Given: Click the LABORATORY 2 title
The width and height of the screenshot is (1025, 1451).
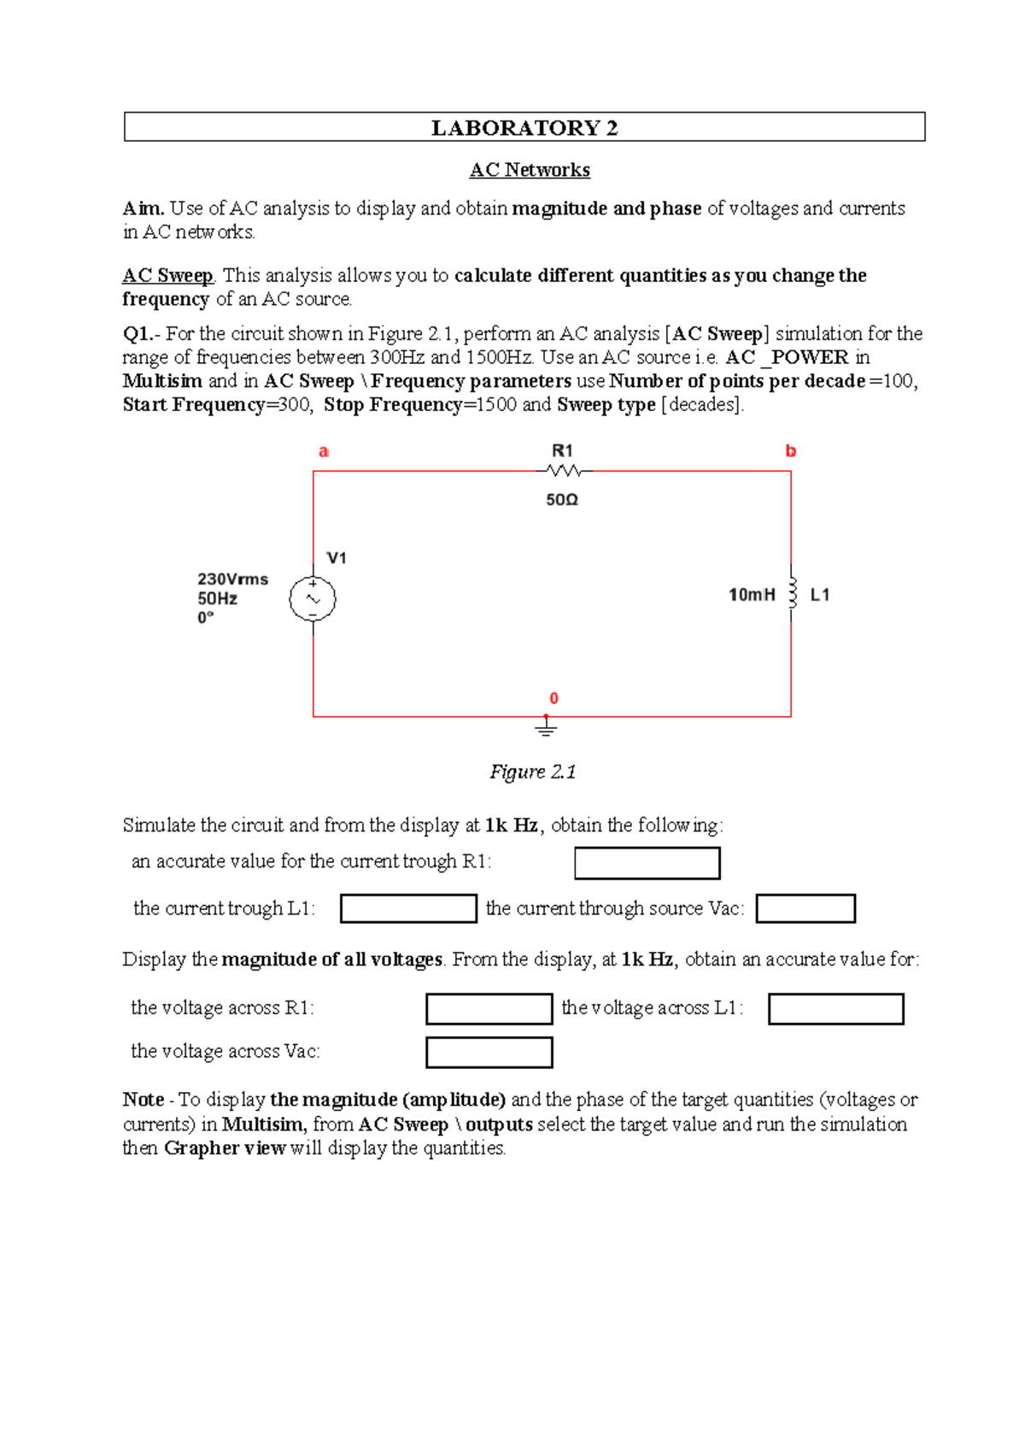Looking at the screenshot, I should click(x=524, y=127).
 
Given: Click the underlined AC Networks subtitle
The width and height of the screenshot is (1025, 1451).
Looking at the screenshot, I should click(x=530, y=170).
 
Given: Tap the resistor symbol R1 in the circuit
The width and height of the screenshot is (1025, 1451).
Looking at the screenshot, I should click(x=564, y=470).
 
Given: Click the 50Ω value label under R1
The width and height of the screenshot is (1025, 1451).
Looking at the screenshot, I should click(x=562, y=500).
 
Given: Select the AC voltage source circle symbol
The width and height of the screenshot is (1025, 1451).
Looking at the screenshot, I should click(x=313, y=599).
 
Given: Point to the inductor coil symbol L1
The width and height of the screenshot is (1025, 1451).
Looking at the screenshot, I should click(x=792, y=592).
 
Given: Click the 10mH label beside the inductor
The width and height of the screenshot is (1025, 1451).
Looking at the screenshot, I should click(x=752, y=595).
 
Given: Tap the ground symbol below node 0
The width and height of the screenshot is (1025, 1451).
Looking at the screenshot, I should click(x=547, y=728).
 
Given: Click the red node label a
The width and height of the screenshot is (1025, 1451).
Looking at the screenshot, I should click(x=324, y=451).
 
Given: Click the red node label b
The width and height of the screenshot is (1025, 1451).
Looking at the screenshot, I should click(x=791, y=451).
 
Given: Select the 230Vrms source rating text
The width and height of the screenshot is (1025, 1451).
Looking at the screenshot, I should click(x=232, y=579).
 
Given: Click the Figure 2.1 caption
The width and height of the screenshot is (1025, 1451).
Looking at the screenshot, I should click(x=532, y=772).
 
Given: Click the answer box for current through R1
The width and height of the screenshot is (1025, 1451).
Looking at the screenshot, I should click(x=647, y=863).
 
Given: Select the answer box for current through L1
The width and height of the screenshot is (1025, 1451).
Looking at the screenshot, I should click(x=408, y=908).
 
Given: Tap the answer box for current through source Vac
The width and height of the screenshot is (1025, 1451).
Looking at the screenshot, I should click(x=805, y=908).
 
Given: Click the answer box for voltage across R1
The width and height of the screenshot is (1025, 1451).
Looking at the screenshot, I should click(x=489, y=1008).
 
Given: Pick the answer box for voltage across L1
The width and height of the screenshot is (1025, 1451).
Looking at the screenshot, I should click(x=835, y=1008).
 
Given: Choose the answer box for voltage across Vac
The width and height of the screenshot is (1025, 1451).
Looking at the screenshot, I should click(x=489, y=1052).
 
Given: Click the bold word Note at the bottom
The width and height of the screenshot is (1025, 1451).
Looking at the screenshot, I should click(x=143, y=1100).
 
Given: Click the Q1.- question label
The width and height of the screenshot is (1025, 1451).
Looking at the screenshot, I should click(x=141, y=334).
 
